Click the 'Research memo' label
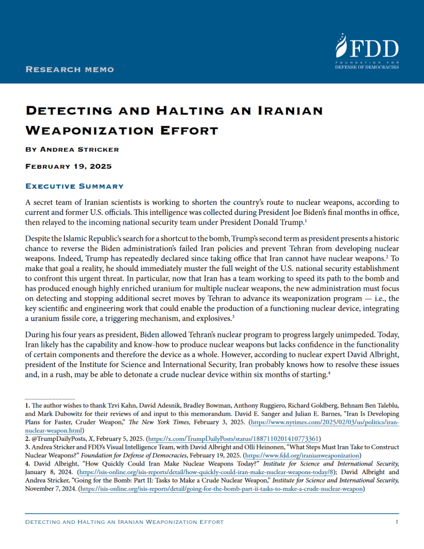tap(70, 69)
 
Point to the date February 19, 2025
tap(69, 166)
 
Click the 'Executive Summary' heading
tap(74, 186)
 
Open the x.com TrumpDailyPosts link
tap(233, 439)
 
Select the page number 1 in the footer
tap(397, 522)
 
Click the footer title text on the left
tap(125, 522)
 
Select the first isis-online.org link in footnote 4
tap(174, 472)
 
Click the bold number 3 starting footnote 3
tap(27, 447)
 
